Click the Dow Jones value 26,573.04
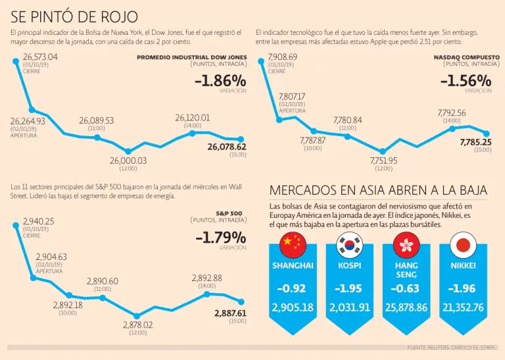point(40,57)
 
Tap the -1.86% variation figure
point(220,81)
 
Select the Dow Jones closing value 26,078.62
point(226,147)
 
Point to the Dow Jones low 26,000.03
point(128,161)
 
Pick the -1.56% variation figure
point(466,81)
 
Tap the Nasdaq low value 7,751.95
point(383,161)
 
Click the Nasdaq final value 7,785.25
point(475,142)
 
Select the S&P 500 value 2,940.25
point(38,221)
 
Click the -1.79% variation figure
point(220,237)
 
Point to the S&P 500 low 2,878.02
point(137,325)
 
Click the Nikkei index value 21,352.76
point(463,307)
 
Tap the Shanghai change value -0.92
point(293,288)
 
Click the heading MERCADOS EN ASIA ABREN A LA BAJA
point(378,190)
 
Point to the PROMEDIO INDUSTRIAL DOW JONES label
point(191,57)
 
